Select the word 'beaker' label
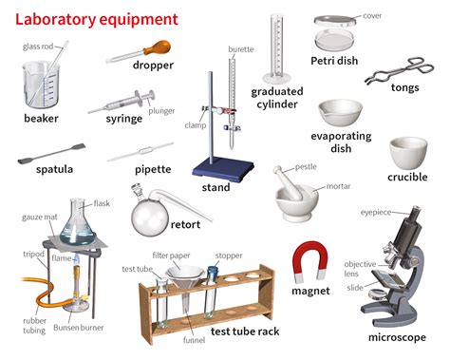(41, 119)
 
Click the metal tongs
(397, 76)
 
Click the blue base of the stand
(224, 170)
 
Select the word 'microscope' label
(398, 336)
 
